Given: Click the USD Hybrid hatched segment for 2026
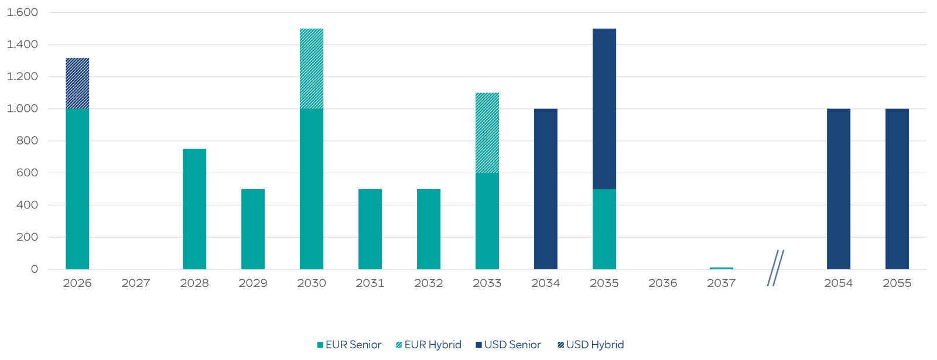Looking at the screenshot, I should pos(77,84).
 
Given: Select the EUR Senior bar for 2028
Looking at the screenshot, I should pos(194,209).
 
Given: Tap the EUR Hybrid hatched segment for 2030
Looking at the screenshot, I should pos(312,68).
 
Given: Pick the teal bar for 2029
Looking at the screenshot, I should pos(253,229).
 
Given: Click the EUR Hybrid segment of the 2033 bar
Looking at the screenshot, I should pos(487,133).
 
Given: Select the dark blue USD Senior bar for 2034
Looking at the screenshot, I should pos(546,189).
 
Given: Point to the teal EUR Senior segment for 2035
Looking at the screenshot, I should pos(604,229).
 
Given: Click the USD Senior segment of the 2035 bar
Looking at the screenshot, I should pos(604,109).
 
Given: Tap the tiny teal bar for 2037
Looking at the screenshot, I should pos(721,268).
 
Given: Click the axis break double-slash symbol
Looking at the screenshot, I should pos(775,268).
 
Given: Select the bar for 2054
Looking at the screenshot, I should pos(839,189).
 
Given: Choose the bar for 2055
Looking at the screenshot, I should pos(897,189).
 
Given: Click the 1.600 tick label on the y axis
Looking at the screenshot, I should pos(22,12).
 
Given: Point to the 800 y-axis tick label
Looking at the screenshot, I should pos(26,140).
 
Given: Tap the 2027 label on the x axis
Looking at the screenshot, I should pos(136,283).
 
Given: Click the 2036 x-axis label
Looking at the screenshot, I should pos(663,283).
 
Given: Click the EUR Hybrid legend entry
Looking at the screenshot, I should pos(429,345).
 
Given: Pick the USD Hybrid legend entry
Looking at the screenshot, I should pos(591,345).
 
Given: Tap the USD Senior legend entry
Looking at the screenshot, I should pos(508,345).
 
